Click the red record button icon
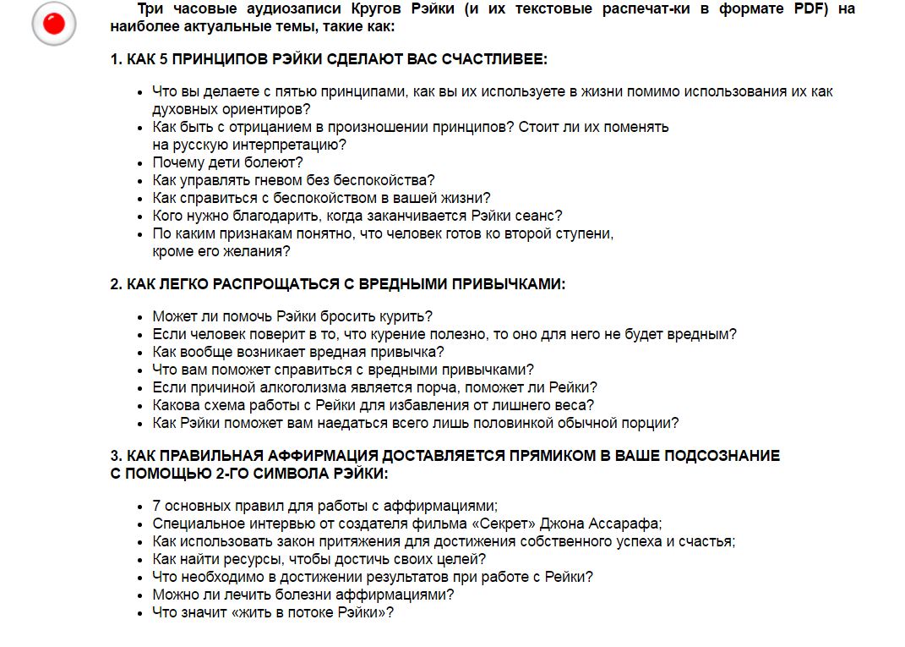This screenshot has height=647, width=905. (54, 24)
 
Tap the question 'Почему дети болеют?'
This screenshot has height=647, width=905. (227, 162)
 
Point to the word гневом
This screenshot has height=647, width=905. (260, 180)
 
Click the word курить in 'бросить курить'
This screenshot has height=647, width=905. (407, 317)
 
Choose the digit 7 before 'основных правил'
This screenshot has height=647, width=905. (156, 506)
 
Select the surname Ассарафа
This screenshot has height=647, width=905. (627, 524)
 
